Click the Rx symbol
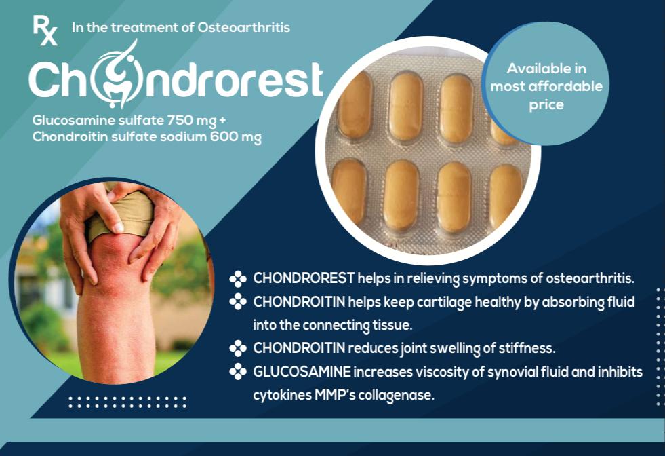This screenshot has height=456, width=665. coord(45,30)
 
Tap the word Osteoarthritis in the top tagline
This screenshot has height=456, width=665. coord(244,28)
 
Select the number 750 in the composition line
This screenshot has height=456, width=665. coord(180,120)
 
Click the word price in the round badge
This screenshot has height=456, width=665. coord(546,105)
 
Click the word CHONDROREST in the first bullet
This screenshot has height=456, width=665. coord(304,278)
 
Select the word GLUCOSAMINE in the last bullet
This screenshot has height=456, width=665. coord(302,372)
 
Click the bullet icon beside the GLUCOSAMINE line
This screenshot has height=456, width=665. coord(238,371)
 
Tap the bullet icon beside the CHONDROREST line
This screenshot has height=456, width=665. coord(238,278)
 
